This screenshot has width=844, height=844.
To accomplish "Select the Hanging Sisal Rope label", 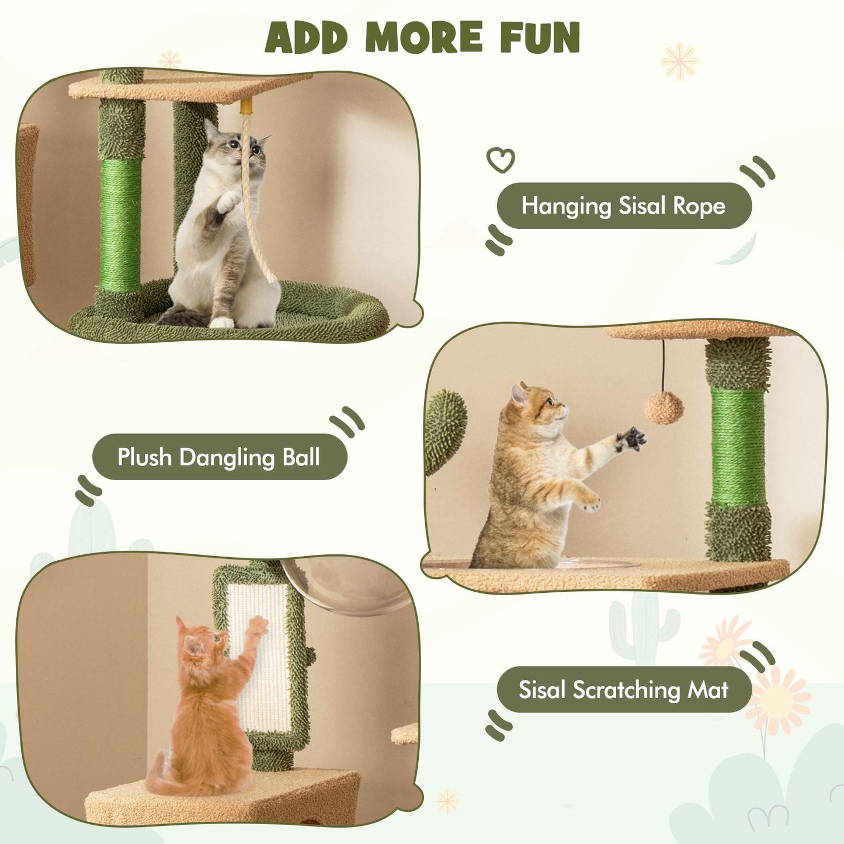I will pos(623,206).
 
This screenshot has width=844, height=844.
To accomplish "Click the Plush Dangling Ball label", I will pos(219,457).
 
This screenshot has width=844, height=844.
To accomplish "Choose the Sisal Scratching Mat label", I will pos(623,690).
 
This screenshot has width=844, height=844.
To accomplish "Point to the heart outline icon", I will pos(501,159).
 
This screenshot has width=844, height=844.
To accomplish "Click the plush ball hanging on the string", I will pos(664,408).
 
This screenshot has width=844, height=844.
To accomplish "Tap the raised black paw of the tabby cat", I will pos(631,439).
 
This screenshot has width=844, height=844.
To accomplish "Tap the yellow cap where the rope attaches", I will pos(246,106).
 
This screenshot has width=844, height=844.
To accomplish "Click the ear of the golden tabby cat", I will pos(519,394).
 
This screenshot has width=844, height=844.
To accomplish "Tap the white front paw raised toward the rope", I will pos(228,202).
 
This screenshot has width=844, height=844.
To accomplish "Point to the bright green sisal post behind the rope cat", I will pos(120,225).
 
